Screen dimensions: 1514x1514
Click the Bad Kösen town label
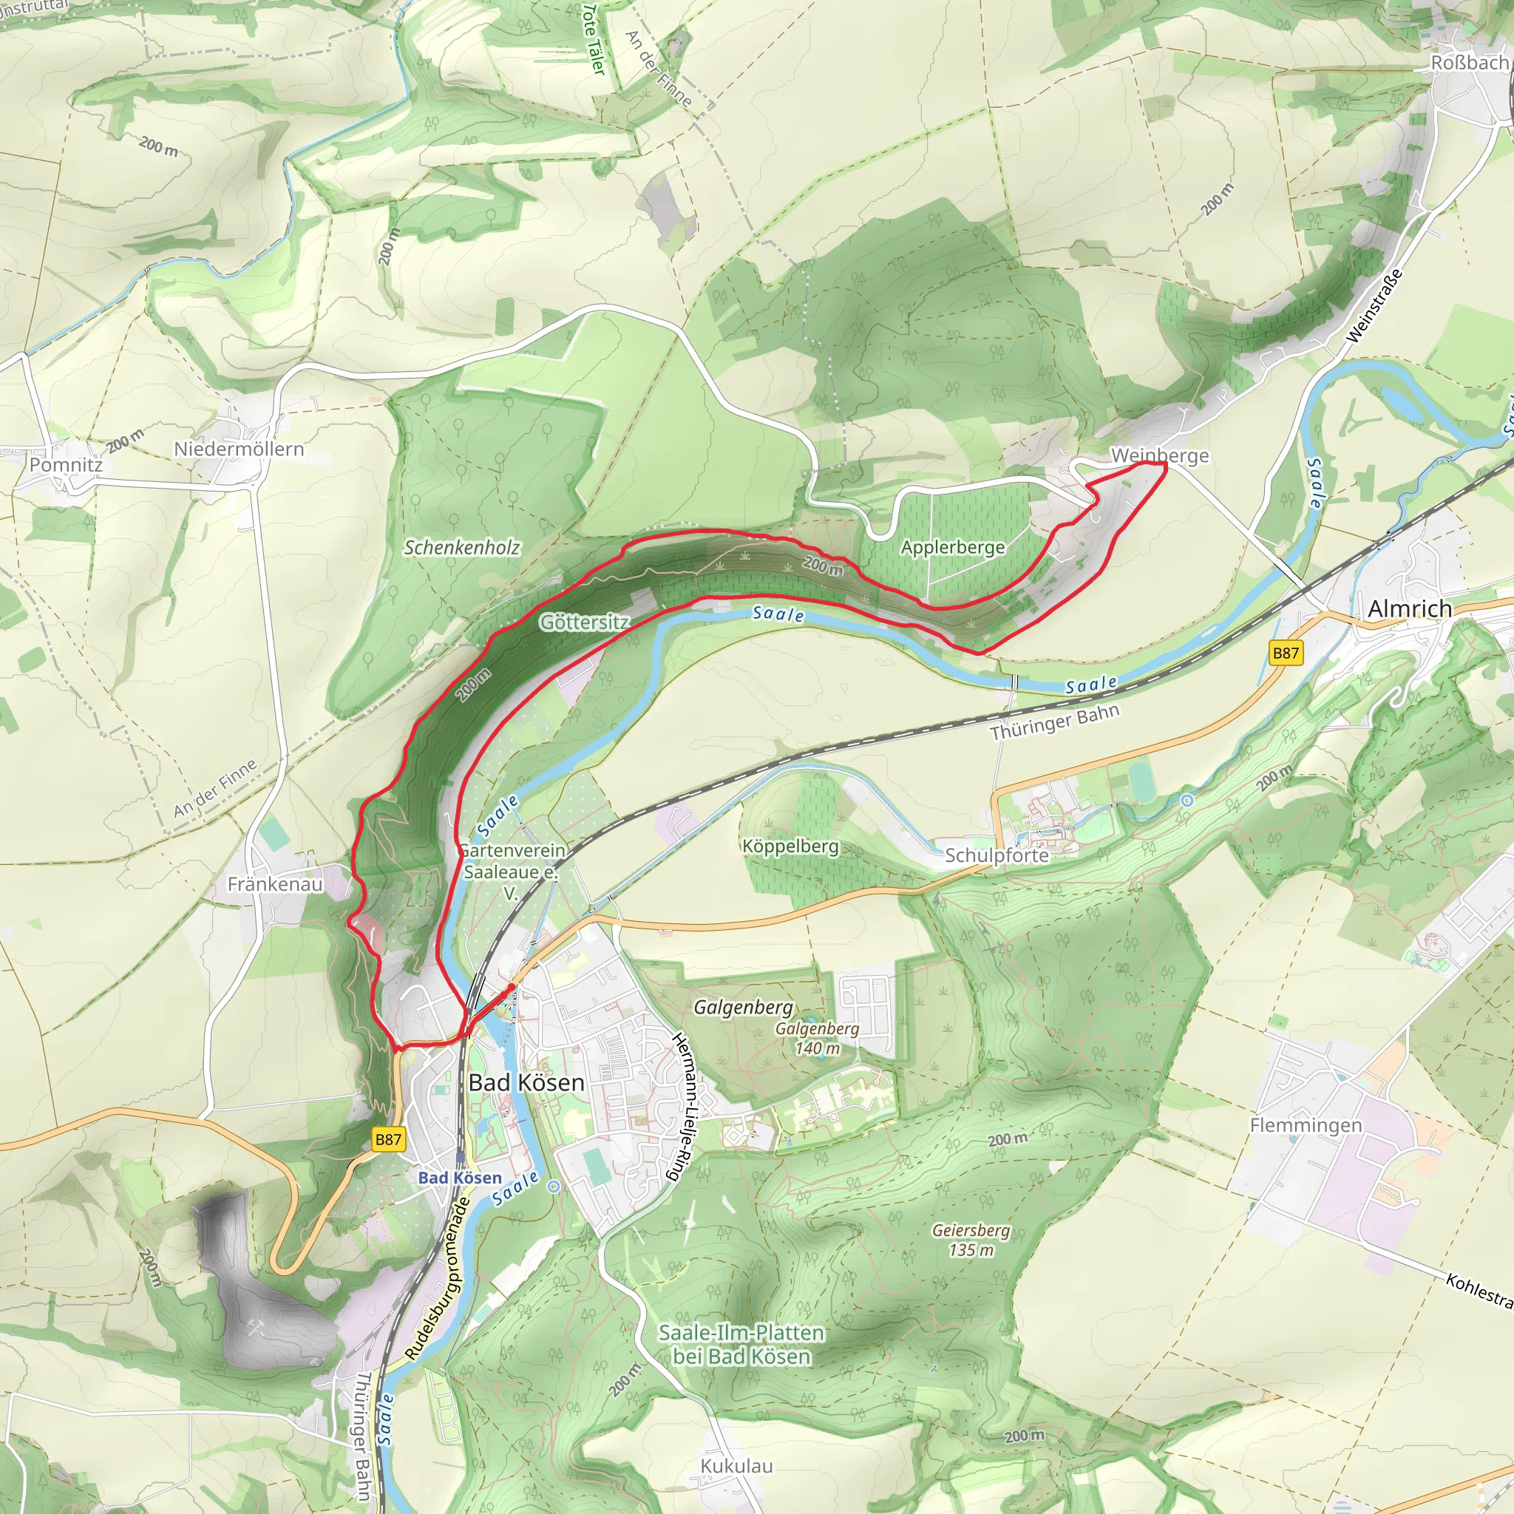tap(526, 1083)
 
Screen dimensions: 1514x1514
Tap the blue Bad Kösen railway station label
tap(460, 1178)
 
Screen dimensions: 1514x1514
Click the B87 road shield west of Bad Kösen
tap(388, 1139)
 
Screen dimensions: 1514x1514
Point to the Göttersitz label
tap(585, 622)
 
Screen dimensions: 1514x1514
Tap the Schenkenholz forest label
tap(461, 548)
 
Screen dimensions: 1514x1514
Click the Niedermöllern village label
tap(239, 449)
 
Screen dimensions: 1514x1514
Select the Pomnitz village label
tap(66, 465)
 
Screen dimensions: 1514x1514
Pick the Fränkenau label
tap(275, 884)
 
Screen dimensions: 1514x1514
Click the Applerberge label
tap(953, 547)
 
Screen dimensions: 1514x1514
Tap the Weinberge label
tap(1160, 455)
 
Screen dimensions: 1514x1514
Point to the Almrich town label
tap(1410, 609)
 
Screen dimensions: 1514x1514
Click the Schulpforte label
tap(997, 855)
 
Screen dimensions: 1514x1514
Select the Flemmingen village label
tap(1306, 1125)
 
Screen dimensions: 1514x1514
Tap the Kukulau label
tap(736, 1466)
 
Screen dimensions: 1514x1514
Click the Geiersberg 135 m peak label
tap(971, 1240)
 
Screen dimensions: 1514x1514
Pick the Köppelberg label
tap(791, 846)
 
